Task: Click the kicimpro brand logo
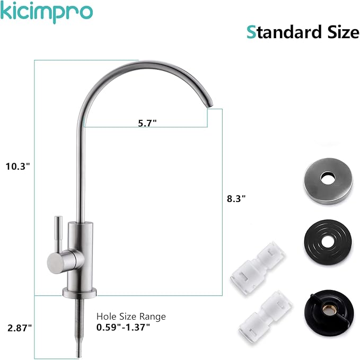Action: [47, 12]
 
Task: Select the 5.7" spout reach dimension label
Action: [147, 122]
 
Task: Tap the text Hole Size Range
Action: [131, 317]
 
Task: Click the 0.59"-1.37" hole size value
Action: [124, 327]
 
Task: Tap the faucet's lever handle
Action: [57, 233]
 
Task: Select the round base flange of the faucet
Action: [80, 291]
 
